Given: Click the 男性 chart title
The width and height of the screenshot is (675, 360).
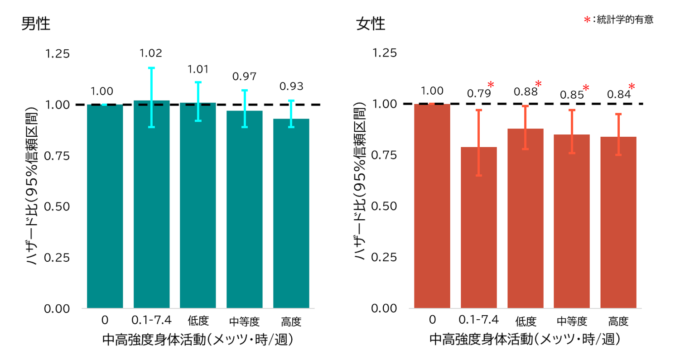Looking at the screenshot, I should (36, 24).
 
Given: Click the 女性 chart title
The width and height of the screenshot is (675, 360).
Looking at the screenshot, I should (371, 24).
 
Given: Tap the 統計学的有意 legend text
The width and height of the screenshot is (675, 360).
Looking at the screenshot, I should (625, 20).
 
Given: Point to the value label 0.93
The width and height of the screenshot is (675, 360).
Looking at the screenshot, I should (291, 86).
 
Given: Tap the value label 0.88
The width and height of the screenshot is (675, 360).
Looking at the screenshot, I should (525, 91).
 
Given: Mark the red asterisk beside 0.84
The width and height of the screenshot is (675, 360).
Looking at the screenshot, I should (632, 87).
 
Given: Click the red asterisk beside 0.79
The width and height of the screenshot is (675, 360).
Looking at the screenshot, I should (491, 85).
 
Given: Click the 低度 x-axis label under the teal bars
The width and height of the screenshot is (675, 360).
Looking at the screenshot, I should (198, 321).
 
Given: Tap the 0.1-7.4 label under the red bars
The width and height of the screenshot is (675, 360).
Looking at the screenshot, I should (478, 320).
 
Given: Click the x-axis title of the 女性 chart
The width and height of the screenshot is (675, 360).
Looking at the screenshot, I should (524, 340).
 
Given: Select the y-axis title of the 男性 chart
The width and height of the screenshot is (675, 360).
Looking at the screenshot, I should (31, 186).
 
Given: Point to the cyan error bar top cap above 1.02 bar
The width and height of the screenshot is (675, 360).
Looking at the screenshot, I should (151, 68).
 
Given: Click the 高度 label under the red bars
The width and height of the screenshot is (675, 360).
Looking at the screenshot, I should (618, 321).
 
